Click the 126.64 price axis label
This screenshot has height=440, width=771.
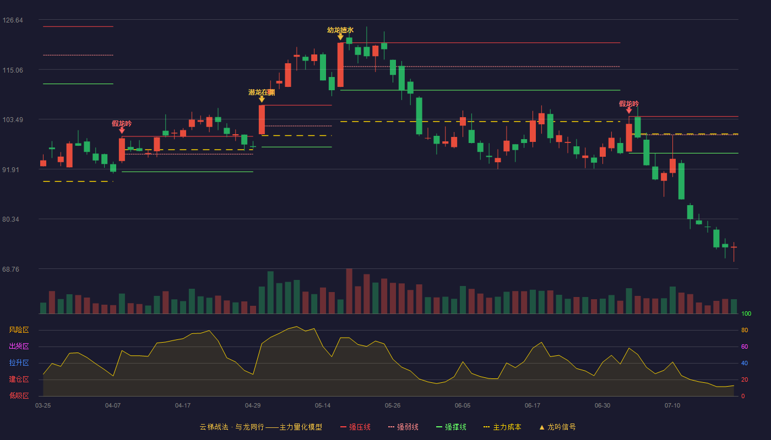coord(13,20)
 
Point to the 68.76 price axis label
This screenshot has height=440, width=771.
coord(10,269)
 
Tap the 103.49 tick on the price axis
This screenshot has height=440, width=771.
coord(13,120)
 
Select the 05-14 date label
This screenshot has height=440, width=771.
coord(323,406)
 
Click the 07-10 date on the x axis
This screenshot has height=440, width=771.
coord(672,406)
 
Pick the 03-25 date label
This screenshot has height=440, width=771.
coord(43,406)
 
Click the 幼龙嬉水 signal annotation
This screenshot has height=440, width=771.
coord(340,30)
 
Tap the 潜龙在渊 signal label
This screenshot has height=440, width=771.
coord(262,92)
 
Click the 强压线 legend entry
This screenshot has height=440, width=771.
coord(356,427)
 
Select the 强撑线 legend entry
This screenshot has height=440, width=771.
coord(451,427)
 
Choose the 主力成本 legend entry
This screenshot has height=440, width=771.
coord(502,427)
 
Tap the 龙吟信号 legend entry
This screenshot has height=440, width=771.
coord(557,427)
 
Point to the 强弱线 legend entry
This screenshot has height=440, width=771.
coord(403,427)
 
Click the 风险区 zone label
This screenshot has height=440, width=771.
coord(19,330)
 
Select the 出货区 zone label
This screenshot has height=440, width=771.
coord(19,346)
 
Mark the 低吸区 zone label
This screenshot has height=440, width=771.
coord(19,395)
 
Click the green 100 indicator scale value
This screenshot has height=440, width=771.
coord(746,313)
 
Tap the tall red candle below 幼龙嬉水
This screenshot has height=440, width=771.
coord(340,65)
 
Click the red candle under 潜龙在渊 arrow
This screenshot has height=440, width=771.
coord(262,120)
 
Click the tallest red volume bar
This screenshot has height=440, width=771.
coord(349,291)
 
